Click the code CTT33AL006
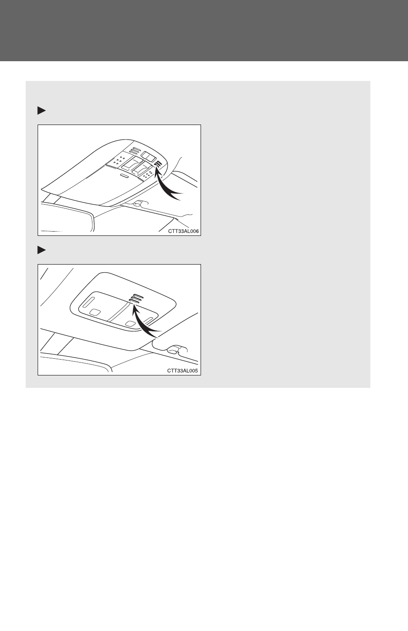[183, 231]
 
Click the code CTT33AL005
[183, 371]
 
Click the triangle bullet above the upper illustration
[41, 111]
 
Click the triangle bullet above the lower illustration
[41, 250]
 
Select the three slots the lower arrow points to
[136, 298]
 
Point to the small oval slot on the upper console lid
[124, 176]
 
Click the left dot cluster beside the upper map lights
[118, 160]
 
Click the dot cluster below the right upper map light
[147, 175]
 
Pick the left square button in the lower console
[95, 312]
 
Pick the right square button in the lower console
[130, 323]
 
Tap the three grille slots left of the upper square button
[134, 150]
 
